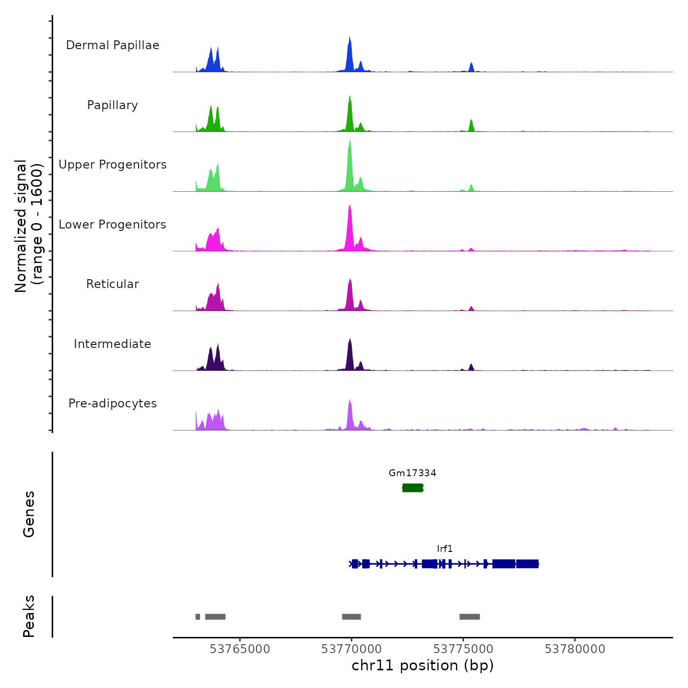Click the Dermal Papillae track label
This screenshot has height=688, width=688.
pyautogui.click(x=113, y=45)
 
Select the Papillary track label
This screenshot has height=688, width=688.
pyautogui.click(x=113, y=105)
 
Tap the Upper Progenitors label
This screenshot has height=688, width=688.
pyautogui.click(x=113, y=165)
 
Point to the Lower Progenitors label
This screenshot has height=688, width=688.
pyautogui.click(x=113, y=225)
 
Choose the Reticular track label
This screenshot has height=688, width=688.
pyautogui.click(x=113, y=284)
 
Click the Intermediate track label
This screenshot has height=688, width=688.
pyautogui.click(x=113, y=344)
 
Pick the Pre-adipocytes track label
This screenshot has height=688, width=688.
pyautogui.click(x=113, y=403)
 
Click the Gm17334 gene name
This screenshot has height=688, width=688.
pyautogui.click(x=412, y=473)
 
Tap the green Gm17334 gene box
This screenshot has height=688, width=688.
pyautogui.click(x=412, y=487)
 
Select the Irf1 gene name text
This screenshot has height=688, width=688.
pyautogui.click(x=445, y=548)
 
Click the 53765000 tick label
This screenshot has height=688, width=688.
pyautogui.click(x=240, y=649)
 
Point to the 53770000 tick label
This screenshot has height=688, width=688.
pyautogui.click(x=351, y=649)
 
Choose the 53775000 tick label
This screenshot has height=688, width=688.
pyautogui.click(x=463, y=649)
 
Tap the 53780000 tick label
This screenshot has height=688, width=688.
pyautogui.click(x=575, y=649)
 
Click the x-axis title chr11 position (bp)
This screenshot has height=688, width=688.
pyautogui.click(x=423, y=665)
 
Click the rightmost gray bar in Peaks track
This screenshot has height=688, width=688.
pyautogui.click(x=469, y=617)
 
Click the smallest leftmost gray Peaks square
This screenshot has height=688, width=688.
pyautogui.click(x=198, y=617)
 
